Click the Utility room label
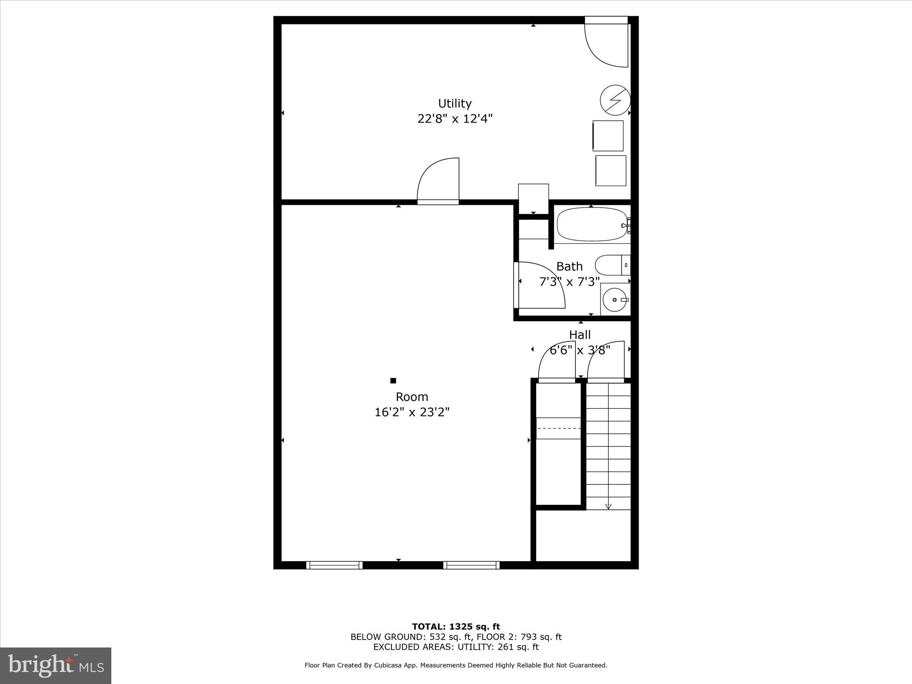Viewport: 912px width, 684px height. coord(455,103)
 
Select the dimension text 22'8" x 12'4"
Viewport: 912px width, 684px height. coord(455,119)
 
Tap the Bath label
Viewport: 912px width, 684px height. coord(569,266)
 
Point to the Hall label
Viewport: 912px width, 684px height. coord(580,334)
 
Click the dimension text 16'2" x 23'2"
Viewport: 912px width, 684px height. coord(412,412)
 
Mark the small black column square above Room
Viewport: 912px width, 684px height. coord(393,380)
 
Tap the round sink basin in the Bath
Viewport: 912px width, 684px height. coord(615,300)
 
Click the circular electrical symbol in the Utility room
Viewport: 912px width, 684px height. coord(615,100)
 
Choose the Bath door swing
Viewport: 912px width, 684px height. coord(541,285)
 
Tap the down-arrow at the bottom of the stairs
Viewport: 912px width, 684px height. coord(608,506)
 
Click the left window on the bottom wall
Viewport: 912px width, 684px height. coord(334,565)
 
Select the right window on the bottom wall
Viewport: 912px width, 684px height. coord(471,565)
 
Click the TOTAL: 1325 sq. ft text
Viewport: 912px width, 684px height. coord(456,627)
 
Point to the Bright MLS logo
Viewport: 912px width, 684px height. coord(56,665)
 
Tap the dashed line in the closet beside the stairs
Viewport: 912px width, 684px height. coord(559,428)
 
